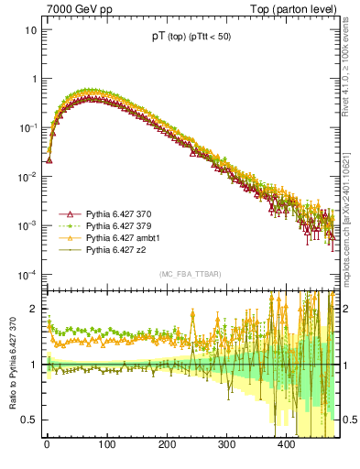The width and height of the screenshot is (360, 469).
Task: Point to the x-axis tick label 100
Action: click(x=106, y=444)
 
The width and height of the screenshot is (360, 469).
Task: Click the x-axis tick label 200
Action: click(x=167, y=444)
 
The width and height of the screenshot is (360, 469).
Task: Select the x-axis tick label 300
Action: click(x=226, y=444)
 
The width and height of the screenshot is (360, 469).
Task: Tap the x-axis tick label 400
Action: click(x=286, y=444)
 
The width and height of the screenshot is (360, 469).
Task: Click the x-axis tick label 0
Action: click(x=47, y=444)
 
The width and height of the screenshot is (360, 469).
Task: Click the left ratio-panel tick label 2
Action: click(x=35, y=309)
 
